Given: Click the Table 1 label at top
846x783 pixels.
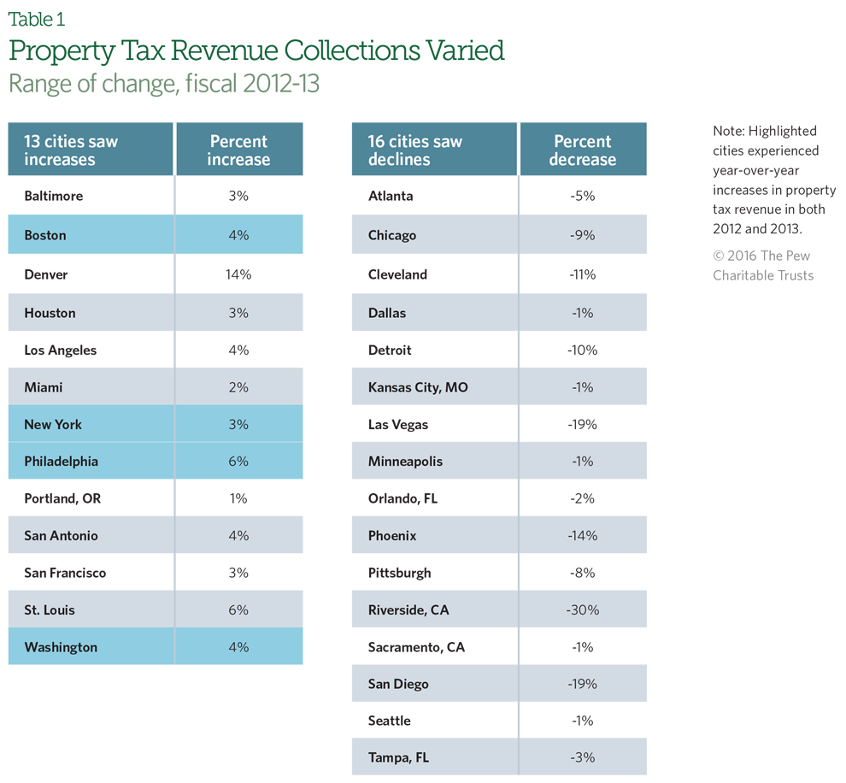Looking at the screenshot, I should point(36,18).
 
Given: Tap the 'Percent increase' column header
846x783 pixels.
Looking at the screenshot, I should point(238,150).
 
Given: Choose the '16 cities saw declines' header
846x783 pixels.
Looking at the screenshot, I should point(415,150).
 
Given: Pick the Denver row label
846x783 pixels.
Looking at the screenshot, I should point(46,274).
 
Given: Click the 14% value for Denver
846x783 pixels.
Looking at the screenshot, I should point(238,274).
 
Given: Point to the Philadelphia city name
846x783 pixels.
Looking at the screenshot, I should point(62,461).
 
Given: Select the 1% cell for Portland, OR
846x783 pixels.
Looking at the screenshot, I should point(238,497).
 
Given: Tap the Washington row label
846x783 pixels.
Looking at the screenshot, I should point(61,647).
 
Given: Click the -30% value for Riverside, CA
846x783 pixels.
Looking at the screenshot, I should point(583,609).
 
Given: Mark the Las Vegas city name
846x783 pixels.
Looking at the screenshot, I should point(398,424).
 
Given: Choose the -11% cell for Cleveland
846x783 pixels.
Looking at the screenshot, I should point(583,274).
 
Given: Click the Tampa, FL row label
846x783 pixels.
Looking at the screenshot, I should point(398,757).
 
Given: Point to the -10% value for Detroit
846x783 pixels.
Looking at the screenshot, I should point(583,350).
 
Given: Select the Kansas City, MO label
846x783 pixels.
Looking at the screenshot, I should point(418,387).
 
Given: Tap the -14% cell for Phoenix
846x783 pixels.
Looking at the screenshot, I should point(583,535).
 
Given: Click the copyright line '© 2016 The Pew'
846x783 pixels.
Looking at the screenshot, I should point(761,256).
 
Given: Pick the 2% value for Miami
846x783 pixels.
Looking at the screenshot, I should point(238,387).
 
